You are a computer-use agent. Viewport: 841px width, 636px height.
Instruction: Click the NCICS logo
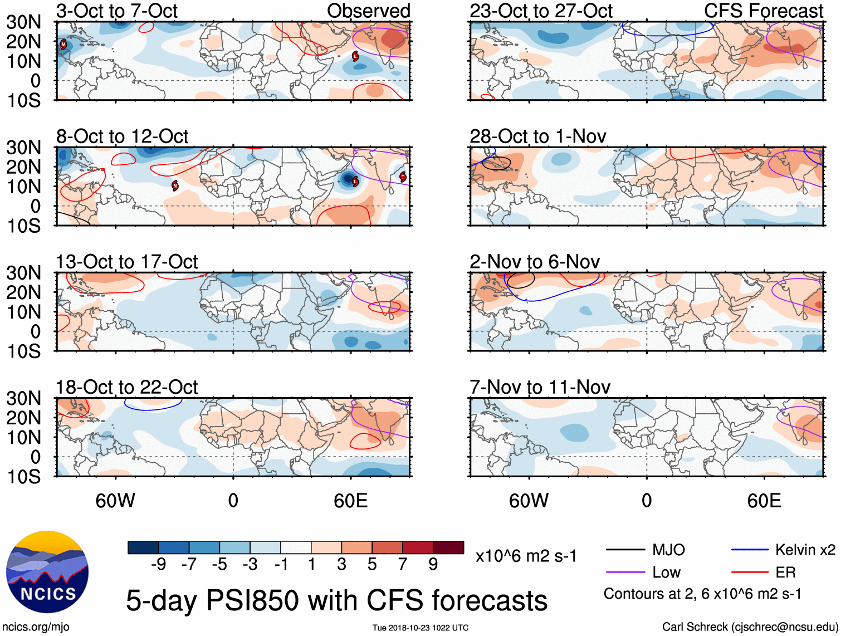tap(47, 572)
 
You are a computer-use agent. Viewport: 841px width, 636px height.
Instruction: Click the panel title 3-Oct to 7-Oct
tap(117, 11)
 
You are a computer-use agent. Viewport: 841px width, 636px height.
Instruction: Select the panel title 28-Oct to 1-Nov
tap(537, 136)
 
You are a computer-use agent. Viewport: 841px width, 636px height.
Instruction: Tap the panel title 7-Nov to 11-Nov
tap(540, 387)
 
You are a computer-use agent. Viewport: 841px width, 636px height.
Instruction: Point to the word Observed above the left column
tap(368, 11)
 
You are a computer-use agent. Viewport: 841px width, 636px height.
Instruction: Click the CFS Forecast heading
tap(763, 11)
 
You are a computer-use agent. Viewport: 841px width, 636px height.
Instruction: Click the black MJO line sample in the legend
tap(625, 550)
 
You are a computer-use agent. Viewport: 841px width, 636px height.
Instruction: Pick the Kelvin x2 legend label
tap(805, 550)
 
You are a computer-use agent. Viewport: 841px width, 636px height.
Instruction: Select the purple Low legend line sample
tap(625, 573)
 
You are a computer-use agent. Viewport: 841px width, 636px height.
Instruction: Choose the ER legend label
tap(785, 573)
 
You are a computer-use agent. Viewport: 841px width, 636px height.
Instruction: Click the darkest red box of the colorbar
tap(448, 547)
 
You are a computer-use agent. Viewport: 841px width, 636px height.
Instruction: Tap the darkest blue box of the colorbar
tap(143, 547)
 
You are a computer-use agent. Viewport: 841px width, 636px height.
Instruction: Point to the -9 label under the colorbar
tap(158, 565)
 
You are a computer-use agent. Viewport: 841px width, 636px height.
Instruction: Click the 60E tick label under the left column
tap(350, 501)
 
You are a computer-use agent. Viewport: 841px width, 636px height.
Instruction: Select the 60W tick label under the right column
tap(529, 501)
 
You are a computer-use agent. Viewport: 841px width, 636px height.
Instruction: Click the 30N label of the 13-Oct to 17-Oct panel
tap(23, 273)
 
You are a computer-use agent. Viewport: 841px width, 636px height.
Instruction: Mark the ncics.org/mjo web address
tap(36, 627)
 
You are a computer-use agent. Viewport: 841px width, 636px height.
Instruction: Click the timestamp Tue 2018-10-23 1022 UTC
tap(420, 628)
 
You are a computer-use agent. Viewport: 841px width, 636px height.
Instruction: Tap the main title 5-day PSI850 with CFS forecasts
tap(336, 600)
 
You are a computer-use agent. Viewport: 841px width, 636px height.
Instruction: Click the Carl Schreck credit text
tap(750, 627)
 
